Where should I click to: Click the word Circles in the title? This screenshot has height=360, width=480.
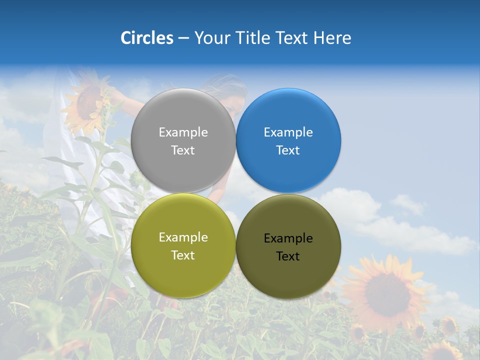pyautogui.click(x=147, y=38)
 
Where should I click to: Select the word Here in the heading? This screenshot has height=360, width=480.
pyautogui.click(x=332, y=38)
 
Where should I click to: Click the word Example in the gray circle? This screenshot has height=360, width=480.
pyautogui.click(x=183, y=132)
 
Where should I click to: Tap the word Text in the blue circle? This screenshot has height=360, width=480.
pyautogui.click(x=288, y=150)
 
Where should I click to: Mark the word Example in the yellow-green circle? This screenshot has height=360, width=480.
pyautogui.click(x=183, y=237)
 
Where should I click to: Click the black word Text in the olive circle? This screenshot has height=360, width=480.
pyautogui.click(x=288, y=256)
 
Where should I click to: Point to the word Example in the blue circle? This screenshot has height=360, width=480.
pyautogui.click(x=288, y=132)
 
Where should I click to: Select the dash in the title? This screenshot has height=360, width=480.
pyautogui.click(x=183, y=38)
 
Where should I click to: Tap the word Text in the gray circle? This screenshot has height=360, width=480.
pyautogui.click(x=183, y=150)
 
